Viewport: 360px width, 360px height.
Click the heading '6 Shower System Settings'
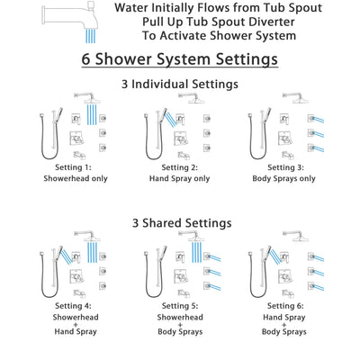pos(180,61)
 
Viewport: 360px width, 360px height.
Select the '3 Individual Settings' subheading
pos(180,84)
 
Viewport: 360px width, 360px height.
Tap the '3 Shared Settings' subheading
pos(180,222)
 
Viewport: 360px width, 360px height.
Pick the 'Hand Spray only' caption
pos(180,177)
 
